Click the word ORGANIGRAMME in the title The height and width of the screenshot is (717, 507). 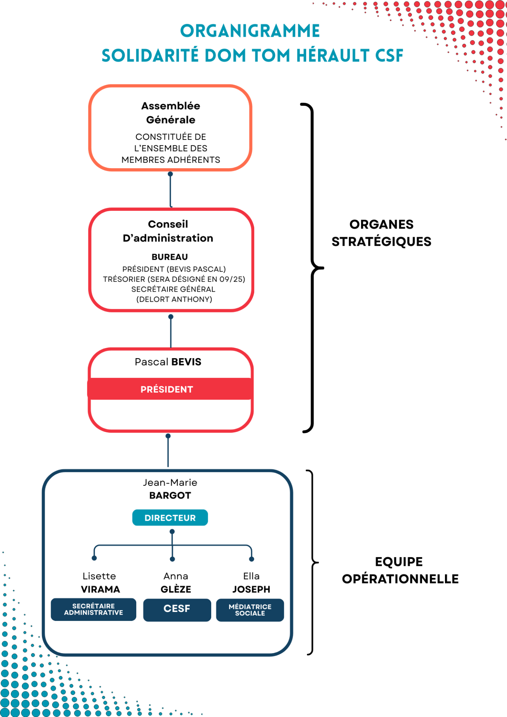[250, 31]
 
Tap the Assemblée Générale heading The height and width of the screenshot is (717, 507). [171, 113]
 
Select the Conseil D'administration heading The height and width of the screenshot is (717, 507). [168, 231]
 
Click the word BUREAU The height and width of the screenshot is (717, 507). [170, 257]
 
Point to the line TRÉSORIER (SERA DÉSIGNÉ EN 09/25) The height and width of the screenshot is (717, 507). [174, 279]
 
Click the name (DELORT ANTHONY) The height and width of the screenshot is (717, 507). [174, 299]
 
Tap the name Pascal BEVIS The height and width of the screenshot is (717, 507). [168, 362]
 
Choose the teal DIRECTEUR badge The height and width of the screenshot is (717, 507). [170, 518]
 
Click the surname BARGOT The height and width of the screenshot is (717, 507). [170, 495]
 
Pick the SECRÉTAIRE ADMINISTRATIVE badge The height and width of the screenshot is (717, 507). [94, 609]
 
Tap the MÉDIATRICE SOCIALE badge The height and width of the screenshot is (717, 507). [250, 610]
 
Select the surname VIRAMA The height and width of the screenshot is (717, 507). [101, 589]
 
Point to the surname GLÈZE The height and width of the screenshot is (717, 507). [176, 589]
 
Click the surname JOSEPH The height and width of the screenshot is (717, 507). [251, 589]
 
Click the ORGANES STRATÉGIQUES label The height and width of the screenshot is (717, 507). [382, 233]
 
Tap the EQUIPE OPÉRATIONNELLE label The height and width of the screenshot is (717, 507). [400, 570]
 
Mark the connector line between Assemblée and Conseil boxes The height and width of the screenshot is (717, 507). [170, 190]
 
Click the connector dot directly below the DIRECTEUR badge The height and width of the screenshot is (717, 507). [172, 531]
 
